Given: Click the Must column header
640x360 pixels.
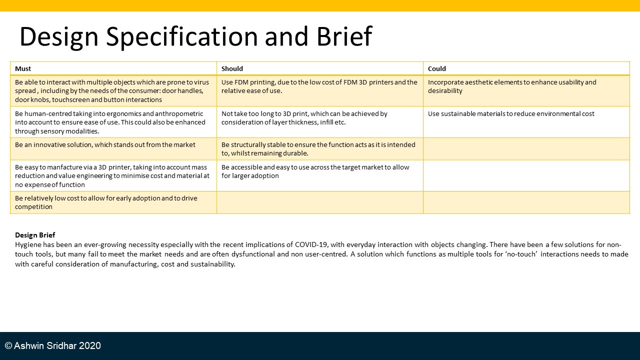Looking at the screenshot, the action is pos(23,68).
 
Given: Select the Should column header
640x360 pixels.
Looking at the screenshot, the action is pos(232,68).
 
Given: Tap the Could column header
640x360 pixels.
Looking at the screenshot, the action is pos(437,68).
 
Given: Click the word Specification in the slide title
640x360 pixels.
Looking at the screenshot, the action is pos(182,36).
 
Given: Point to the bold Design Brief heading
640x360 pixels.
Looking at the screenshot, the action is pos(35,235).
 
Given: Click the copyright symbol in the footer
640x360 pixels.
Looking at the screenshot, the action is pos(8,345).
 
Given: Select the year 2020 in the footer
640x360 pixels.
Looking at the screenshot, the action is pos(89,345).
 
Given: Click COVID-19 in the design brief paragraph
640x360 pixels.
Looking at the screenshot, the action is pos(311,244).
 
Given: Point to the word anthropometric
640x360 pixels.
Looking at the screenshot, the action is pos(179,113).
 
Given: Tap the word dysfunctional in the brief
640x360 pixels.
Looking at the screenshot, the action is pos(253,254).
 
